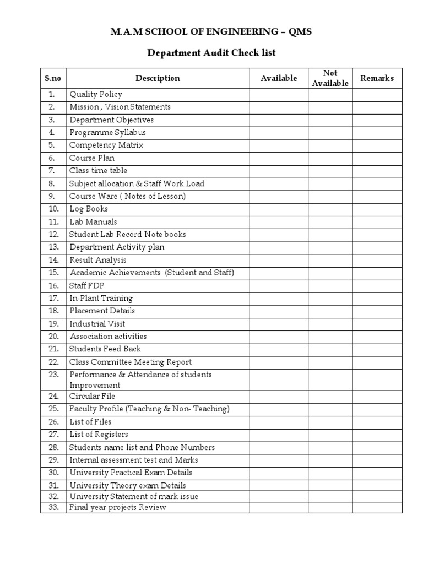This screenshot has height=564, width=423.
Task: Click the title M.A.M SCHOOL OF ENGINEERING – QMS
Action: pos(211,32)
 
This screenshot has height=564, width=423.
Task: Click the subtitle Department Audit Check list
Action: pos(211,53)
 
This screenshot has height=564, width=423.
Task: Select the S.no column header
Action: pos(53,78)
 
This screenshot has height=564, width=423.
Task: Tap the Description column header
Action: pos(158,78)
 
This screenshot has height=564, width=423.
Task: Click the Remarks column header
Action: pos(377,78)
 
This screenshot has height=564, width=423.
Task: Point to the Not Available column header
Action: pos(330,78)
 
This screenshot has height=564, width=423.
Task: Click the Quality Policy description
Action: pos(96,94)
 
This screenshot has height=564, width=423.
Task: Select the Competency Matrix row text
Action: pos(106,145)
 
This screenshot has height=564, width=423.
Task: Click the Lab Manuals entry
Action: pos(93,222)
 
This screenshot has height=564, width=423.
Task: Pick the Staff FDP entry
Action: pos(87,285)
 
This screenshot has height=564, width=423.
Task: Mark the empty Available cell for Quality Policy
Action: pos(279,94)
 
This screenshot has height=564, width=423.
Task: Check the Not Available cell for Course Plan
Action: pos(330,158)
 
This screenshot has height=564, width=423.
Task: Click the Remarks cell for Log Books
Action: pos(377,209)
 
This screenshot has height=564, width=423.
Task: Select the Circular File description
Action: pos(92,396)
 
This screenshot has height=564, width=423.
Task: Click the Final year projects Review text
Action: pos(117,507)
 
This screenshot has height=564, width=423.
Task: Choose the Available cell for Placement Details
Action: pos(279,311)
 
